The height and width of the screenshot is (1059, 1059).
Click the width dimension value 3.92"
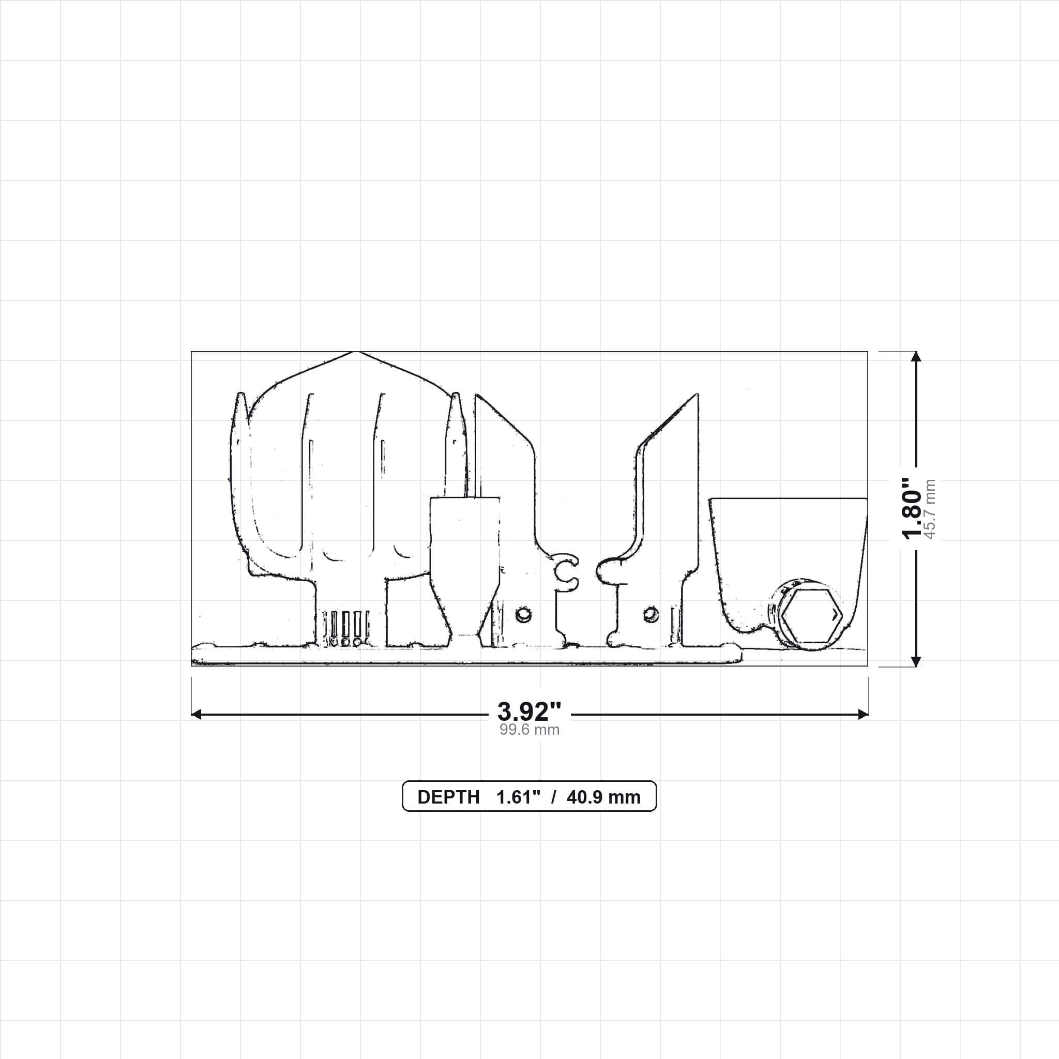[x=529, y=712]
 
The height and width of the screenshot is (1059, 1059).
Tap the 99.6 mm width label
[x=529, y=730]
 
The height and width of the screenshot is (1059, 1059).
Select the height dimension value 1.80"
[x=913, y=508]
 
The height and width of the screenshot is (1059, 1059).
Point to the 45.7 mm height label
[x=930, y=509]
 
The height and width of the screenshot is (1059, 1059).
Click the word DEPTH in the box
[x=448, y=797]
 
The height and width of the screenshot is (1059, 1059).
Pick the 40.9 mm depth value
[x=603, y=797]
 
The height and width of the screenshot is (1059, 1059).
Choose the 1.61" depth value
[x=519, y=797]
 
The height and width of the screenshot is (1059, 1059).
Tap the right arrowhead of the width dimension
[x=863, y=714]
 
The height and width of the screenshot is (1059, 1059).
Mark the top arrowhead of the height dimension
[x=915, y=356]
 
